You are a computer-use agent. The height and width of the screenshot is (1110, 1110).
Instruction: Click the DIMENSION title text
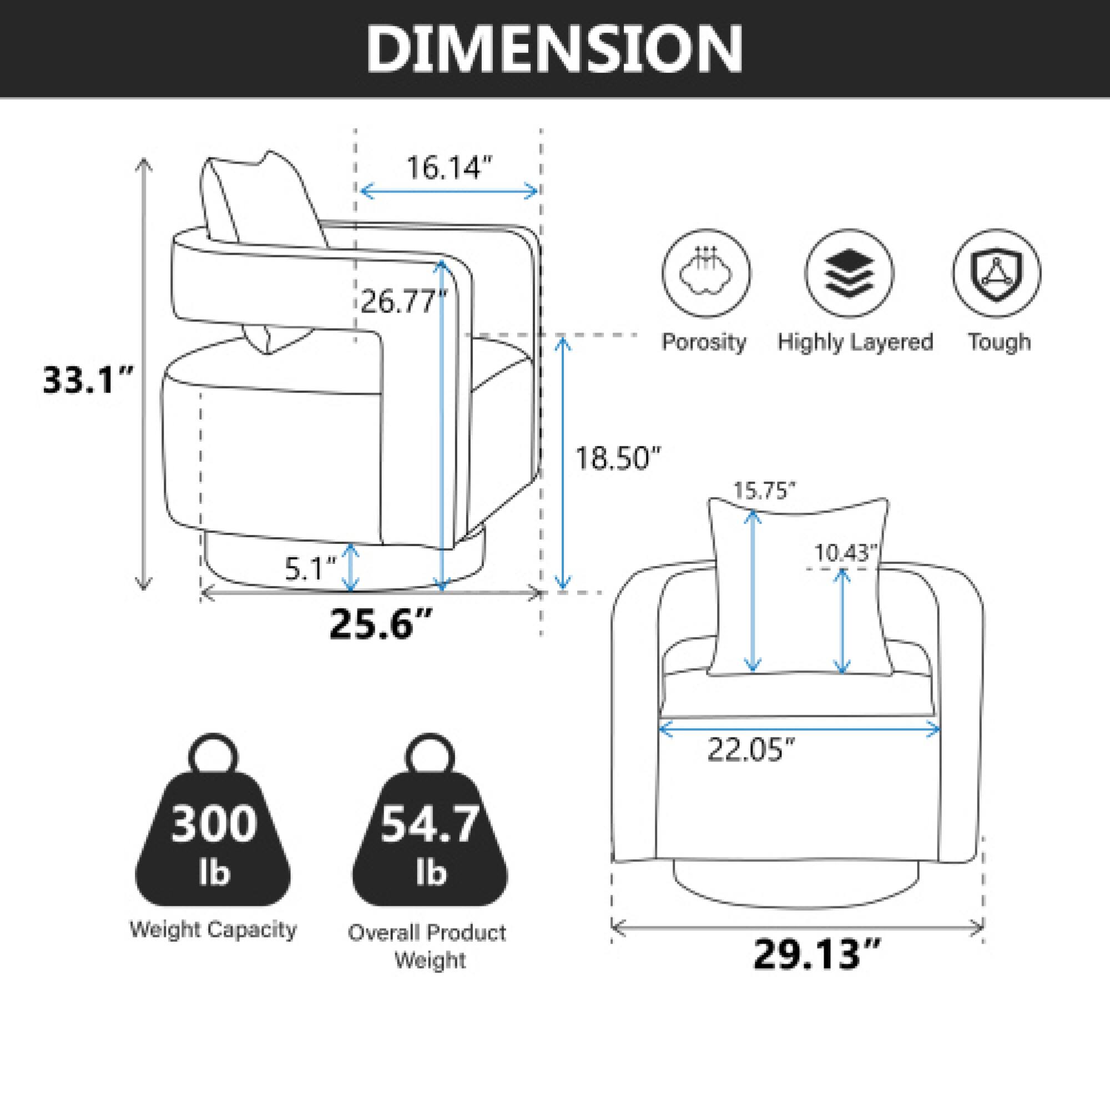(x=554, y=49)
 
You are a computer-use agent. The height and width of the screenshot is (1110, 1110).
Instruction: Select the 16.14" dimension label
(x=450, y=168)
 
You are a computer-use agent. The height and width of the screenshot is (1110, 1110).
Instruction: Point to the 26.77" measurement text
(x=403, y=301)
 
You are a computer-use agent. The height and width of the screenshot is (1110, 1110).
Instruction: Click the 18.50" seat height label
(x=618, y=458)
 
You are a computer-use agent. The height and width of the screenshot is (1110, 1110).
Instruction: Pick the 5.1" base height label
(x=310, y=569)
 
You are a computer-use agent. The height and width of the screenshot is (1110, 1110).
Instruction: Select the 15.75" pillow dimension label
(x=764, y=491)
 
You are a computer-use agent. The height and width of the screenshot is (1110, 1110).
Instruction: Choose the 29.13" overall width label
(x=816, y=953)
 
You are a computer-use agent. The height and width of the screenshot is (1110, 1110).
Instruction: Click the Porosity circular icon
(x=706, y=274)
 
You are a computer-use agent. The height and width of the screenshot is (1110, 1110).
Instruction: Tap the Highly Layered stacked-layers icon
(x=849, y=274)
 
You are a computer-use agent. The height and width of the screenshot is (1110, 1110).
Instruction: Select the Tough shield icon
(x=996, y=274)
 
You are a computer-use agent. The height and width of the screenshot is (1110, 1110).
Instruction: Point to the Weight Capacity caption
(x=213, y=929)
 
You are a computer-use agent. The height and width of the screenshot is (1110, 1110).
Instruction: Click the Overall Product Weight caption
(x=427, y=946)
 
